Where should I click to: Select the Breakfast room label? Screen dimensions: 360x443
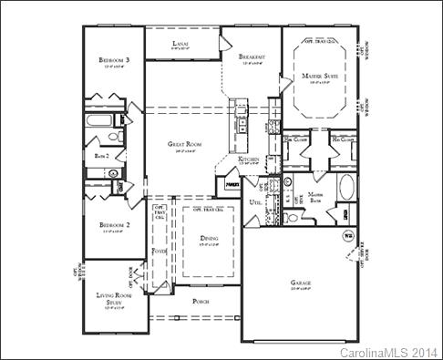point(251,57)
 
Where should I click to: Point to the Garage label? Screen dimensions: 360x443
point(302,283)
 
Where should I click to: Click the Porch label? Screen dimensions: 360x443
point(201,300)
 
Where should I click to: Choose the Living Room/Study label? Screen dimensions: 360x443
point(115,297)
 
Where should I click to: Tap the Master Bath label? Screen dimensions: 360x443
point(317,197)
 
